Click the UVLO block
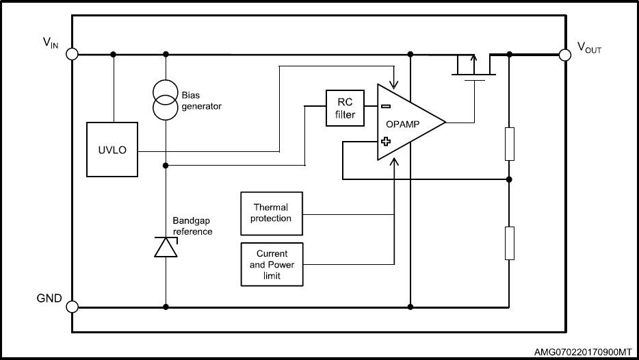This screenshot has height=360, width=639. (113, 149)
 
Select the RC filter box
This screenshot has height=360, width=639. (345, 108)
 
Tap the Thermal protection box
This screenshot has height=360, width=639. (271, 212)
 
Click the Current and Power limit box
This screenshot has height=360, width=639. (271, 263)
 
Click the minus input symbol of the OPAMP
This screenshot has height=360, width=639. (386, 106)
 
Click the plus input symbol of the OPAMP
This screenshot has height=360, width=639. (386, 142)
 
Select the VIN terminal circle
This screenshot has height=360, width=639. (73, 54)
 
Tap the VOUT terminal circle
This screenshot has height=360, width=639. (565, 54)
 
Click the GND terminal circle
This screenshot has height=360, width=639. (73, 307)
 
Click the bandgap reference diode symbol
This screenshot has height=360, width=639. (166, 246)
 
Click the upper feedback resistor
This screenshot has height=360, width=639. (509, 143)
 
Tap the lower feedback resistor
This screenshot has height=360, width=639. (509, 243)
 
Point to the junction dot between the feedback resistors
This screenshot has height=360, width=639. (509, 179)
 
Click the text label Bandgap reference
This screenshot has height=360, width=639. (192, 227)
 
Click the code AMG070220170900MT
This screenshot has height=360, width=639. (583, 351)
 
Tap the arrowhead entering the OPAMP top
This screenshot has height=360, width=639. (393, 86)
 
